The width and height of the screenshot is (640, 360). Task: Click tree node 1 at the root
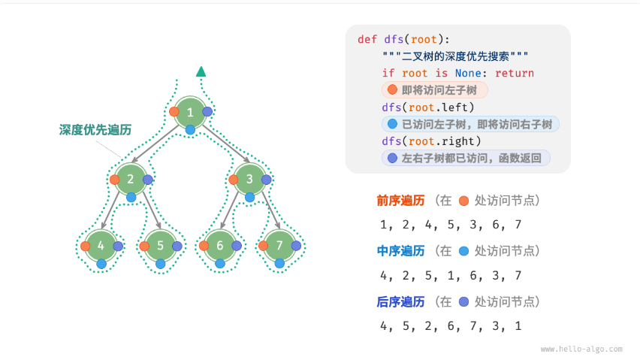tap(191, 112)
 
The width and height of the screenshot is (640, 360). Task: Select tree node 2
tap(131, 179)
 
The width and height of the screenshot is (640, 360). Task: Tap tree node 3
tap(250, 179)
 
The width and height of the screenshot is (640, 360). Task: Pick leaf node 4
tap(101, 246)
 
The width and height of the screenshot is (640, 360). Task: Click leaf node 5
tap(161, 246)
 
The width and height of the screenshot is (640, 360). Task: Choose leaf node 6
tap(220, 246)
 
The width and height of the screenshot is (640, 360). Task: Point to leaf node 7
tap(279, 246)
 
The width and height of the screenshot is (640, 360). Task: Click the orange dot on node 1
tap(174, 112)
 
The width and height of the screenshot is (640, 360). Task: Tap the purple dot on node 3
tap(267, 180)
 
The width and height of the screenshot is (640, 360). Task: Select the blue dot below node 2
tap(131, 197)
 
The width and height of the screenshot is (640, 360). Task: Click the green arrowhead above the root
tap(201, 71)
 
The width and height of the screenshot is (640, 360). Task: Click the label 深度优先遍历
tap(95, 130)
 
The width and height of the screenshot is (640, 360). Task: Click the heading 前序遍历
tap(400, 201)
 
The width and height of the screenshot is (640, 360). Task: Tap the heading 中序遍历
tap(400, 251)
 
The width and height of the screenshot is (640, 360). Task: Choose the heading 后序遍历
tap(400, 301)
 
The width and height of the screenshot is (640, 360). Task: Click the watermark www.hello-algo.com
tap(581, 349)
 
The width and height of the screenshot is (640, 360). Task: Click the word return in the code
tap(512, 73)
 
